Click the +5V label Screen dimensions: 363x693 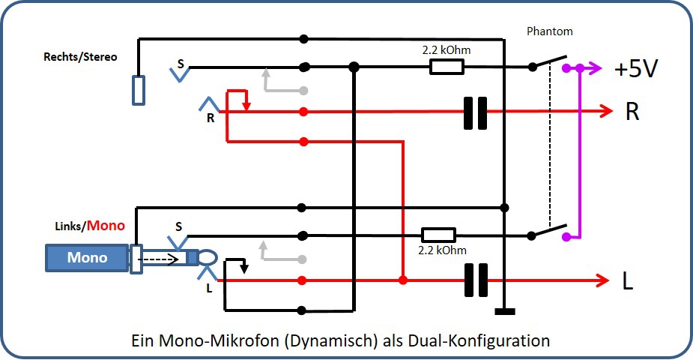click(636, 69)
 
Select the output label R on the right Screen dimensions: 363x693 click(632, 112)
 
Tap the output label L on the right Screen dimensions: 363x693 click(628, 282)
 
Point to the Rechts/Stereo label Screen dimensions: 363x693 click(80, 57)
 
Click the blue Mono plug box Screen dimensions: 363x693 click(87, 258)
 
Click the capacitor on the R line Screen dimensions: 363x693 click(476, 112)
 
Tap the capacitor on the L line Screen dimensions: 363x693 click(476, 280)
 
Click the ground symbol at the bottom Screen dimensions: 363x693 click(506, 310)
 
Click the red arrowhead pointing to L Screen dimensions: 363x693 click(603, 280)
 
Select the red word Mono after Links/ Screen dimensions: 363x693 click(106, 225)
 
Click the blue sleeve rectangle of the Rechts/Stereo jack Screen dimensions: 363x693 click(138, 90)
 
